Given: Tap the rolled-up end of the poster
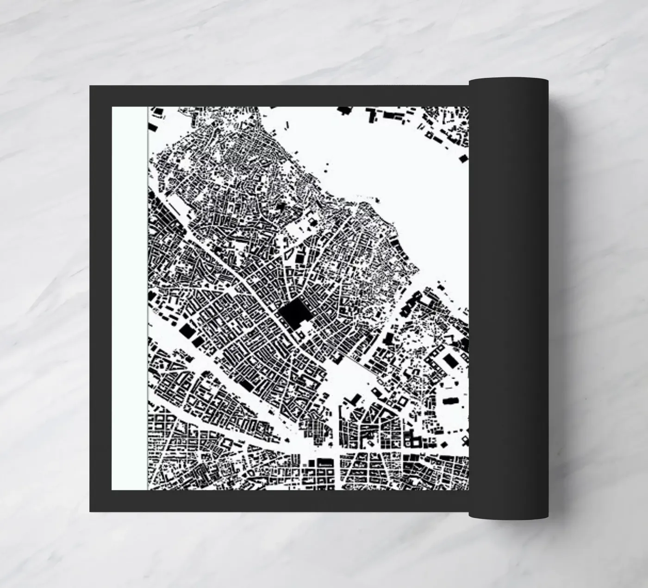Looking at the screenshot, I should click(x=508, y=297).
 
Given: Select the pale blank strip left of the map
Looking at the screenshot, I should click(x=129, y=297).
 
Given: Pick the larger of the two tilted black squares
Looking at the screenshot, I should click(x=187, y=331).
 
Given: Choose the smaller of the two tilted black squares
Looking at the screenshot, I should click(x=198, y=342).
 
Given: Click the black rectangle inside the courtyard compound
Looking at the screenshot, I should click(x=449, y=360).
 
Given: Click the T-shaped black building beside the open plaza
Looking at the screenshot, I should click(x=355, y=398).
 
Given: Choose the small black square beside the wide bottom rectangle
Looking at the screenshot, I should click(x=312, y=462).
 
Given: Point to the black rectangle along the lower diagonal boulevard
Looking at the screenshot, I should click(x=246, y=385).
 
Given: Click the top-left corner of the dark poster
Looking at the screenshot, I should click(x=90, y=86).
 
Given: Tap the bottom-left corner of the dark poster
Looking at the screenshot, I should click(x=90, y=512).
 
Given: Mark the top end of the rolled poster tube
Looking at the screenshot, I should click(x=508, y=80).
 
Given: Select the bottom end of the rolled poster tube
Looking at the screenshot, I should click(x=508, y=516).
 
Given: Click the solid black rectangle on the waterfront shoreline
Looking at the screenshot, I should click(x=394, y=241).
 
